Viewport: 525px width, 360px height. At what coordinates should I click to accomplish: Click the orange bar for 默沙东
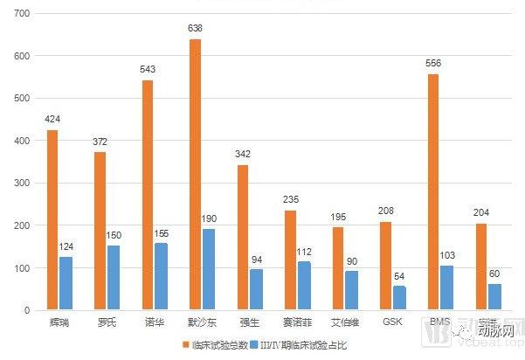(195, 175)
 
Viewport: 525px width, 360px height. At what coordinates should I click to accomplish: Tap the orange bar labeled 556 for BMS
(433, 192)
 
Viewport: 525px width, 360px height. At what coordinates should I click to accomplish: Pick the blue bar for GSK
(400, 298)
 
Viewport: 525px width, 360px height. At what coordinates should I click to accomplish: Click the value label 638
(195, 29)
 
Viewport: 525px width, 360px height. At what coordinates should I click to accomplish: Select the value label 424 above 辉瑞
(52, 120)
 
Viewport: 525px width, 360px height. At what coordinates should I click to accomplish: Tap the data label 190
(209, 218)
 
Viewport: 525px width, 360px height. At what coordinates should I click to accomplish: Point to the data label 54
(400, 275)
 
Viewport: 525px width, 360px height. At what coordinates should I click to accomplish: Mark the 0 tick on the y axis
(28, 310)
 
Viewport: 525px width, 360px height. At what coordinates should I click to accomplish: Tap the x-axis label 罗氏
(107, 322)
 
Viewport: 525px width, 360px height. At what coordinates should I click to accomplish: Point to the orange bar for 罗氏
(100, 232)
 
